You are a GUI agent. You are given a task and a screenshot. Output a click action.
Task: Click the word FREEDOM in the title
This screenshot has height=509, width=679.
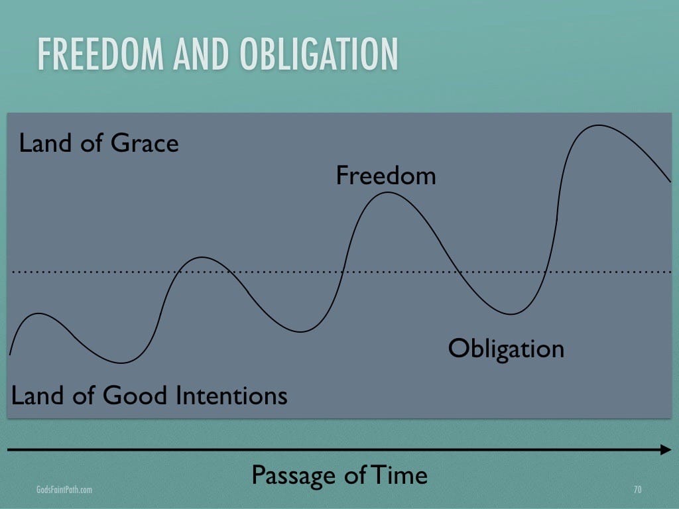101,54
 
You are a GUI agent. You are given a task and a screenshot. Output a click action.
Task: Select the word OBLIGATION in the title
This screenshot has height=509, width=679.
319,54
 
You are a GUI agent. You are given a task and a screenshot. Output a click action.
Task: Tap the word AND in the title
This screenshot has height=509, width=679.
201,54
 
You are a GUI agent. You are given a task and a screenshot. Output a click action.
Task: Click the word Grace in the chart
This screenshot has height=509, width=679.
145,143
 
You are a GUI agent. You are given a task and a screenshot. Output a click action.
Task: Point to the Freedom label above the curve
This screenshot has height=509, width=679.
386,175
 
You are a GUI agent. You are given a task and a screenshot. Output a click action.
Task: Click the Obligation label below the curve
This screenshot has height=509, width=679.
506,349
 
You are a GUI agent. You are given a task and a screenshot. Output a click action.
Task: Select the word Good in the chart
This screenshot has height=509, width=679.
135,396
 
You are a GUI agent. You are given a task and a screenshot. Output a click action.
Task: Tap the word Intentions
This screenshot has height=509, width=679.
232,396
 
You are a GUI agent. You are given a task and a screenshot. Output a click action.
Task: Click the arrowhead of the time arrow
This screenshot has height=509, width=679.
666,450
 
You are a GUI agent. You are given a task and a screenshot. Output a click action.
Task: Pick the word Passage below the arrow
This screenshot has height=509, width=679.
294,476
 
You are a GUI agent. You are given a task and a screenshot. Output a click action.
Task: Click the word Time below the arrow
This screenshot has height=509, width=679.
400,475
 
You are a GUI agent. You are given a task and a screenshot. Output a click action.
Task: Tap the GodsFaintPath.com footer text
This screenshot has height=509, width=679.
64,490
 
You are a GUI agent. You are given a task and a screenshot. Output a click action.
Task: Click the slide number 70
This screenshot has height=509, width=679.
637,490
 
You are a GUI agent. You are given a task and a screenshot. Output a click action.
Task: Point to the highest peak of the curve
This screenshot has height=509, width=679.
599,125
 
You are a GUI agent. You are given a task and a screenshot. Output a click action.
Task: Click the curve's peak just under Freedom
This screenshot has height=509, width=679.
387,193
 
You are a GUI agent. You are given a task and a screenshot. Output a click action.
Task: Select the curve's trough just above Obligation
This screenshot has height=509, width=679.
511,313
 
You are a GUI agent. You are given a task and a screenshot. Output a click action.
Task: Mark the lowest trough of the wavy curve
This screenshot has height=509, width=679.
122,363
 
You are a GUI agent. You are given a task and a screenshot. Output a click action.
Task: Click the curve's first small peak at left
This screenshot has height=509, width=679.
39,313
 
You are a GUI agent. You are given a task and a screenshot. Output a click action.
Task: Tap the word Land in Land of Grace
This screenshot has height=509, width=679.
46,143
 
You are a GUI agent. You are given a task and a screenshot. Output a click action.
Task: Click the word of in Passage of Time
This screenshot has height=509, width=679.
355,475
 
